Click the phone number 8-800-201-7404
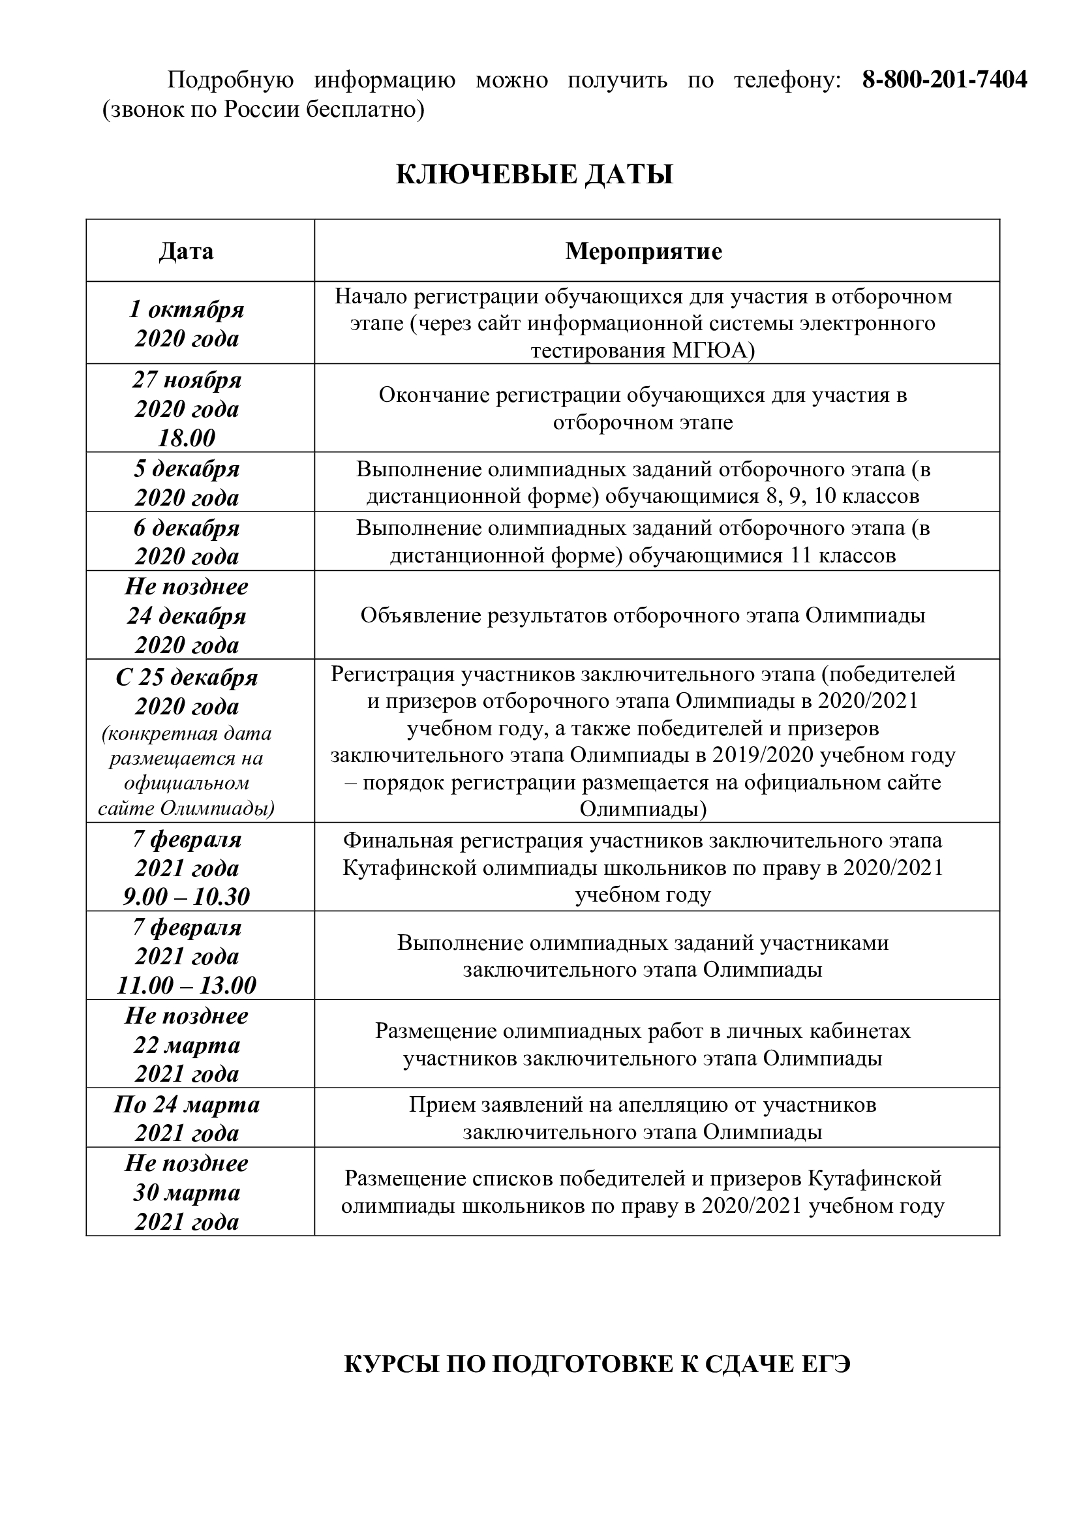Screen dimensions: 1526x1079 click(944, 80)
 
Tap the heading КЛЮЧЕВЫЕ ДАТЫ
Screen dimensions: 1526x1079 click(535, 175)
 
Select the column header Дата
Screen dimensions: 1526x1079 click(187, 251)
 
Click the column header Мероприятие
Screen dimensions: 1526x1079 click(643, 251)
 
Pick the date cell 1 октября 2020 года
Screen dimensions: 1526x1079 click(187, 324)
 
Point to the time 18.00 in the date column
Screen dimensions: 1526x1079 click(187, 437)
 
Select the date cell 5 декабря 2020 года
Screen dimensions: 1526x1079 click(187, 483)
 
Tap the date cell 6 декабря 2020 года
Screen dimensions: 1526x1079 click(187, 541)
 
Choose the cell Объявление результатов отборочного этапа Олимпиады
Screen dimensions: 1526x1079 click(643, 615)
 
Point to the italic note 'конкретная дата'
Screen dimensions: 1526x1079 click(187, 734)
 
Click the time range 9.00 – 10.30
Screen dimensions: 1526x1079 click(187, 896)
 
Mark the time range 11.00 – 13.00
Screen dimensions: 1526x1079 click(187, 985)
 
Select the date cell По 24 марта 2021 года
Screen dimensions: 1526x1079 click(187, 1119)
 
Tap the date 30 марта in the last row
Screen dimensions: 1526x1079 click(187, 1193)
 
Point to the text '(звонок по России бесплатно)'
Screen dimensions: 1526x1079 click(263, 110)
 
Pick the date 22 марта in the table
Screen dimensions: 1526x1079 click(187, 1045)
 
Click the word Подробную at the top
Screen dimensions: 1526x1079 click(230, 80)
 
